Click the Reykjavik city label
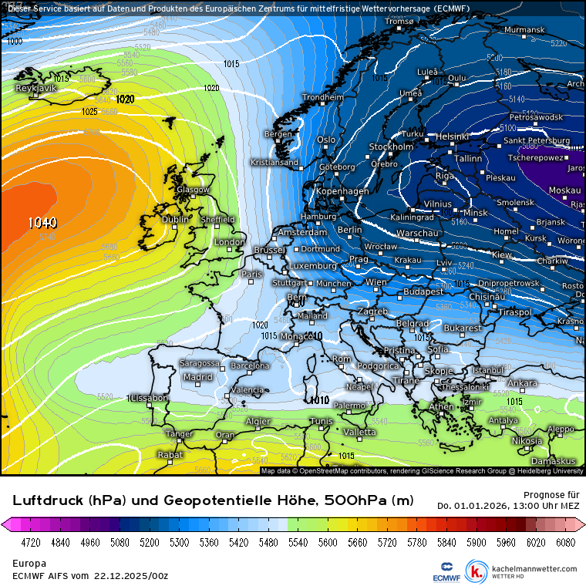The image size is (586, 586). coord(36,88)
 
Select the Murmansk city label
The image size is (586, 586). coord(524,30)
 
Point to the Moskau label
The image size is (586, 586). coord(564,190)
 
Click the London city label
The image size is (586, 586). coord(229,242)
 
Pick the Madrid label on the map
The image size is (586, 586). coord(197,377)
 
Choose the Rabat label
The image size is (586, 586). coord(170,455)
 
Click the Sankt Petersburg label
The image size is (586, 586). coord(536,141)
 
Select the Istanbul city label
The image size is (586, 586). coord(487,370)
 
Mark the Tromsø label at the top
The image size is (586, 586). coord(399,22)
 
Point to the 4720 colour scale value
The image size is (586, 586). coord(31,543)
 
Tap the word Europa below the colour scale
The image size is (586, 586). coord(28,564)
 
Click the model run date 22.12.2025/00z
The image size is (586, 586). coord(131,575)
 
